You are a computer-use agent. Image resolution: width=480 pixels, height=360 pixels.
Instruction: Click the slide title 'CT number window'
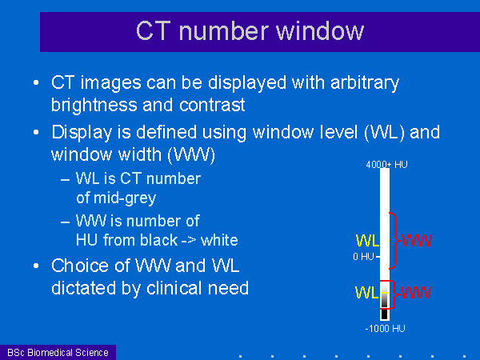click(x=250, y=31)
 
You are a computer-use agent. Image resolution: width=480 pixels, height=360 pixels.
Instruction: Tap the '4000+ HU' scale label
click(x=386, y=165)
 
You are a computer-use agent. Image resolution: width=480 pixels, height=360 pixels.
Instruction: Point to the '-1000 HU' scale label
click(x=385, y=329)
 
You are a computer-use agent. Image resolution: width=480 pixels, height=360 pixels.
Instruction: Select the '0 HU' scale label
click(x=363, y=256)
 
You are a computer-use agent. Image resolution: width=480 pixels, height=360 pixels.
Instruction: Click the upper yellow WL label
click(x=367, y=241)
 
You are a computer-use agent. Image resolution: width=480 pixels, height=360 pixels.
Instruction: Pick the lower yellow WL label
click(x=366, y=292)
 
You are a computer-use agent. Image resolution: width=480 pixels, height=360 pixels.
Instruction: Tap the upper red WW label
click(x=417, y=240)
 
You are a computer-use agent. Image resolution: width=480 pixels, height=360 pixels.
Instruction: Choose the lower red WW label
click(x=416, y=292)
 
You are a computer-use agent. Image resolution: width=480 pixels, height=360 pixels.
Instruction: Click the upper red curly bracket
click(x=395, y=241)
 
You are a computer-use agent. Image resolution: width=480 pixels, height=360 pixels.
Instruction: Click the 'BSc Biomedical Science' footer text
click(x=58, y=352)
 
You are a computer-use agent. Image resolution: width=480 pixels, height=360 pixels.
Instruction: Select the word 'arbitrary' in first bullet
click(x=365, y=82)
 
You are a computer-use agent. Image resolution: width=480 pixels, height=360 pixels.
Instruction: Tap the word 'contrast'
click(x=212, y=105)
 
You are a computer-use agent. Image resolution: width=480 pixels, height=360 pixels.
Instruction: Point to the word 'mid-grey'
click(x=125, y=198)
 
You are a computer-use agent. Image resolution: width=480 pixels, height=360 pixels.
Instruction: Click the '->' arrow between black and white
click(x=189, y=240)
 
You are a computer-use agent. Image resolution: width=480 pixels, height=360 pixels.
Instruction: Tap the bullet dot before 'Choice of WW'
click(x=36, y=266)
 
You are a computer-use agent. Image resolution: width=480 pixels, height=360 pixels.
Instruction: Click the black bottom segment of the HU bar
click(x=385, y=314)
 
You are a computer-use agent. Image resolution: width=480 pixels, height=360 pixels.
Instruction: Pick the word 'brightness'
click(x=94, y=105)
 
